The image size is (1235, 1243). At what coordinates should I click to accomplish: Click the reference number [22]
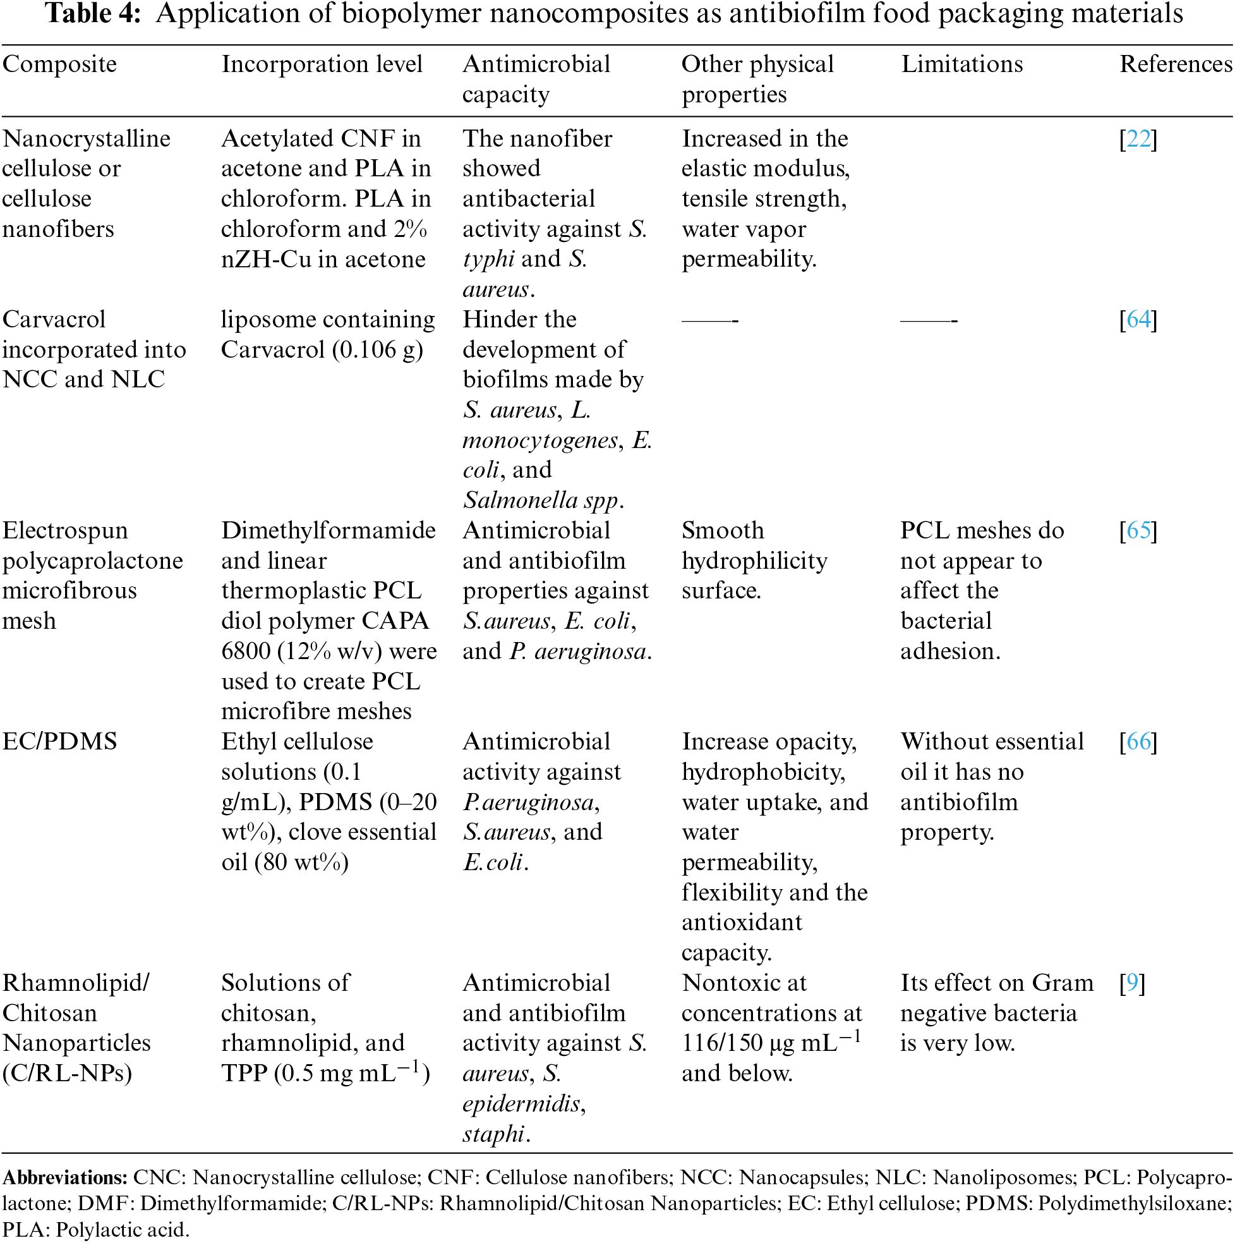tap(1138, 138)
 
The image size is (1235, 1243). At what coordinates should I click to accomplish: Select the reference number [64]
tap(1138, 319)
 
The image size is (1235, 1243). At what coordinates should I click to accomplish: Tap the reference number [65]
tap(1138, 530)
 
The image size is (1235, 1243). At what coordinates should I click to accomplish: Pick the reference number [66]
tap(1138, 741)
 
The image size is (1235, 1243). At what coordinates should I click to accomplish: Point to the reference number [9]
tap(1132, 983)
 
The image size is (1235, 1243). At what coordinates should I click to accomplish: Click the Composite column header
tap(60, 64)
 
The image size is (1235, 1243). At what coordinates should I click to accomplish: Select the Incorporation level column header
tap(322, 64)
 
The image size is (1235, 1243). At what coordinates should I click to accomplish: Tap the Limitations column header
tap(961, 64)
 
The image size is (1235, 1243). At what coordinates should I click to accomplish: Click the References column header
tap(1176, 64)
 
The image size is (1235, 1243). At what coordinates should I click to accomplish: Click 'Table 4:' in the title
tap(93, 13)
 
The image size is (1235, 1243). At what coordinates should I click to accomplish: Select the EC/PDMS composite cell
tap(60, 741)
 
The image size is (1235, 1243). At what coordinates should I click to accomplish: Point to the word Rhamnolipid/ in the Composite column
tap(76, 983)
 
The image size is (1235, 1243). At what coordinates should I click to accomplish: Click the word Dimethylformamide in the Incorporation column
tap(328, 530)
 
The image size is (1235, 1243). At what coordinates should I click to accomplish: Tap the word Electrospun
tap(65, 530)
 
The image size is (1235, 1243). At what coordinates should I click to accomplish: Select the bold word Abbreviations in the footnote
tap(65, 1177)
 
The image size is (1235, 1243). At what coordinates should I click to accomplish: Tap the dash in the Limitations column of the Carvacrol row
tap(928, 320)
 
